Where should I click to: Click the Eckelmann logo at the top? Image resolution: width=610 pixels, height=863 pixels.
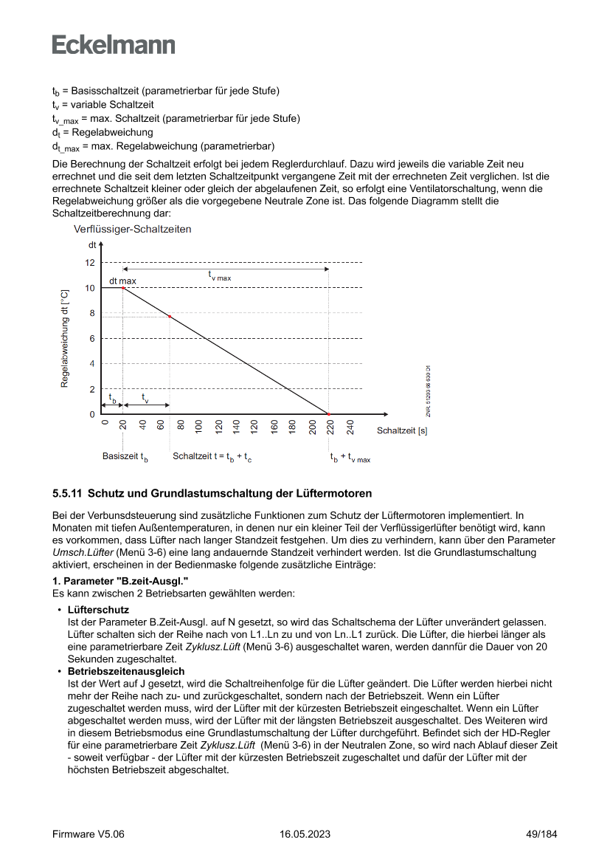pos(114,44)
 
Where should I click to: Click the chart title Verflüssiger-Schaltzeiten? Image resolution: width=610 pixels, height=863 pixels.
pos(133,230)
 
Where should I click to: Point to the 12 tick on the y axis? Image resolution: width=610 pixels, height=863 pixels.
pos(90,263)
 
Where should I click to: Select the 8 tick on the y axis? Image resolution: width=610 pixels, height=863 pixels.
pos(91,313)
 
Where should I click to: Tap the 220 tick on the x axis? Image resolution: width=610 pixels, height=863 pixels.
pos(331,428)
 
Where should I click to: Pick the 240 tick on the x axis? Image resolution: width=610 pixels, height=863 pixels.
pos(350,428)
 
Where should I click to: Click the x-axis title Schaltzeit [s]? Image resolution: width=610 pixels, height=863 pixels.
pos(402,430)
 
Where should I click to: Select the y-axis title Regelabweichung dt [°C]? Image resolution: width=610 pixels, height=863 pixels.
pos(65,338)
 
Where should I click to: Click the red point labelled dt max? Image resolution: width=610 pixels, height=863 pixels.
pos(123,288)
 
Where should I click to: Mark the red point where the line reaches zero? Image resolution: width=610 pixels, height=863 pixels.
pos(328,414)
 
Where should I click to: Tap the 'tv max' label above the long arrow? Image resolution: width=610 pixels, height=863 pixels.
pos(219,276)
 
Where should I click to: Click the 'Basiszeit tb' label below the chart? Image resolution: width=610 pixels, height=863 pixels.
pos(125,457)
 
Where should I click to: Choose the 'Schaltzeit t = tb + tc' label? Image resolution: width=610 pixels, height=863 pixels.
pos(212,457)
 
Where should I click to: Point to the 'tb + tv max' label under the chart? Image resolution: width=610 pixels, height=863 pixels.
pos(350,458)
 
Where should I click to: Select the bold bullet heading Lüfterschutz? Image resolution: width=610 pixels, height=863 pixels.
pos(98,611)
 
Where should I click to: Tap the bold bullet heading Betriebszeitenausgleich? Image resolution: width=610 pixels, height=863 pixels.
pos(125,671)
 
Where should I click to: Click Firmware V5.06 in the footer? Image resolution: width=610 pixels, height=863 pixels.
pos(89,834)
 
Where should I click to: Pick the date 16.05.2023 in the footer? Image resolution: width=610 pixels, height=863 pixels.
pos(305,834)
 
